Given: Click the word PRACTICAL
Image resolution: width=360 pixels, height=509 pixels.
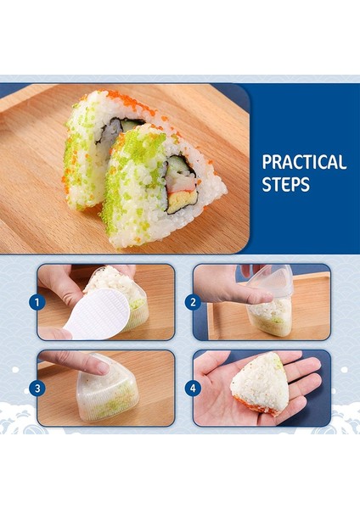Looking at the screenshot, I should click(x=304, y=162).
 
